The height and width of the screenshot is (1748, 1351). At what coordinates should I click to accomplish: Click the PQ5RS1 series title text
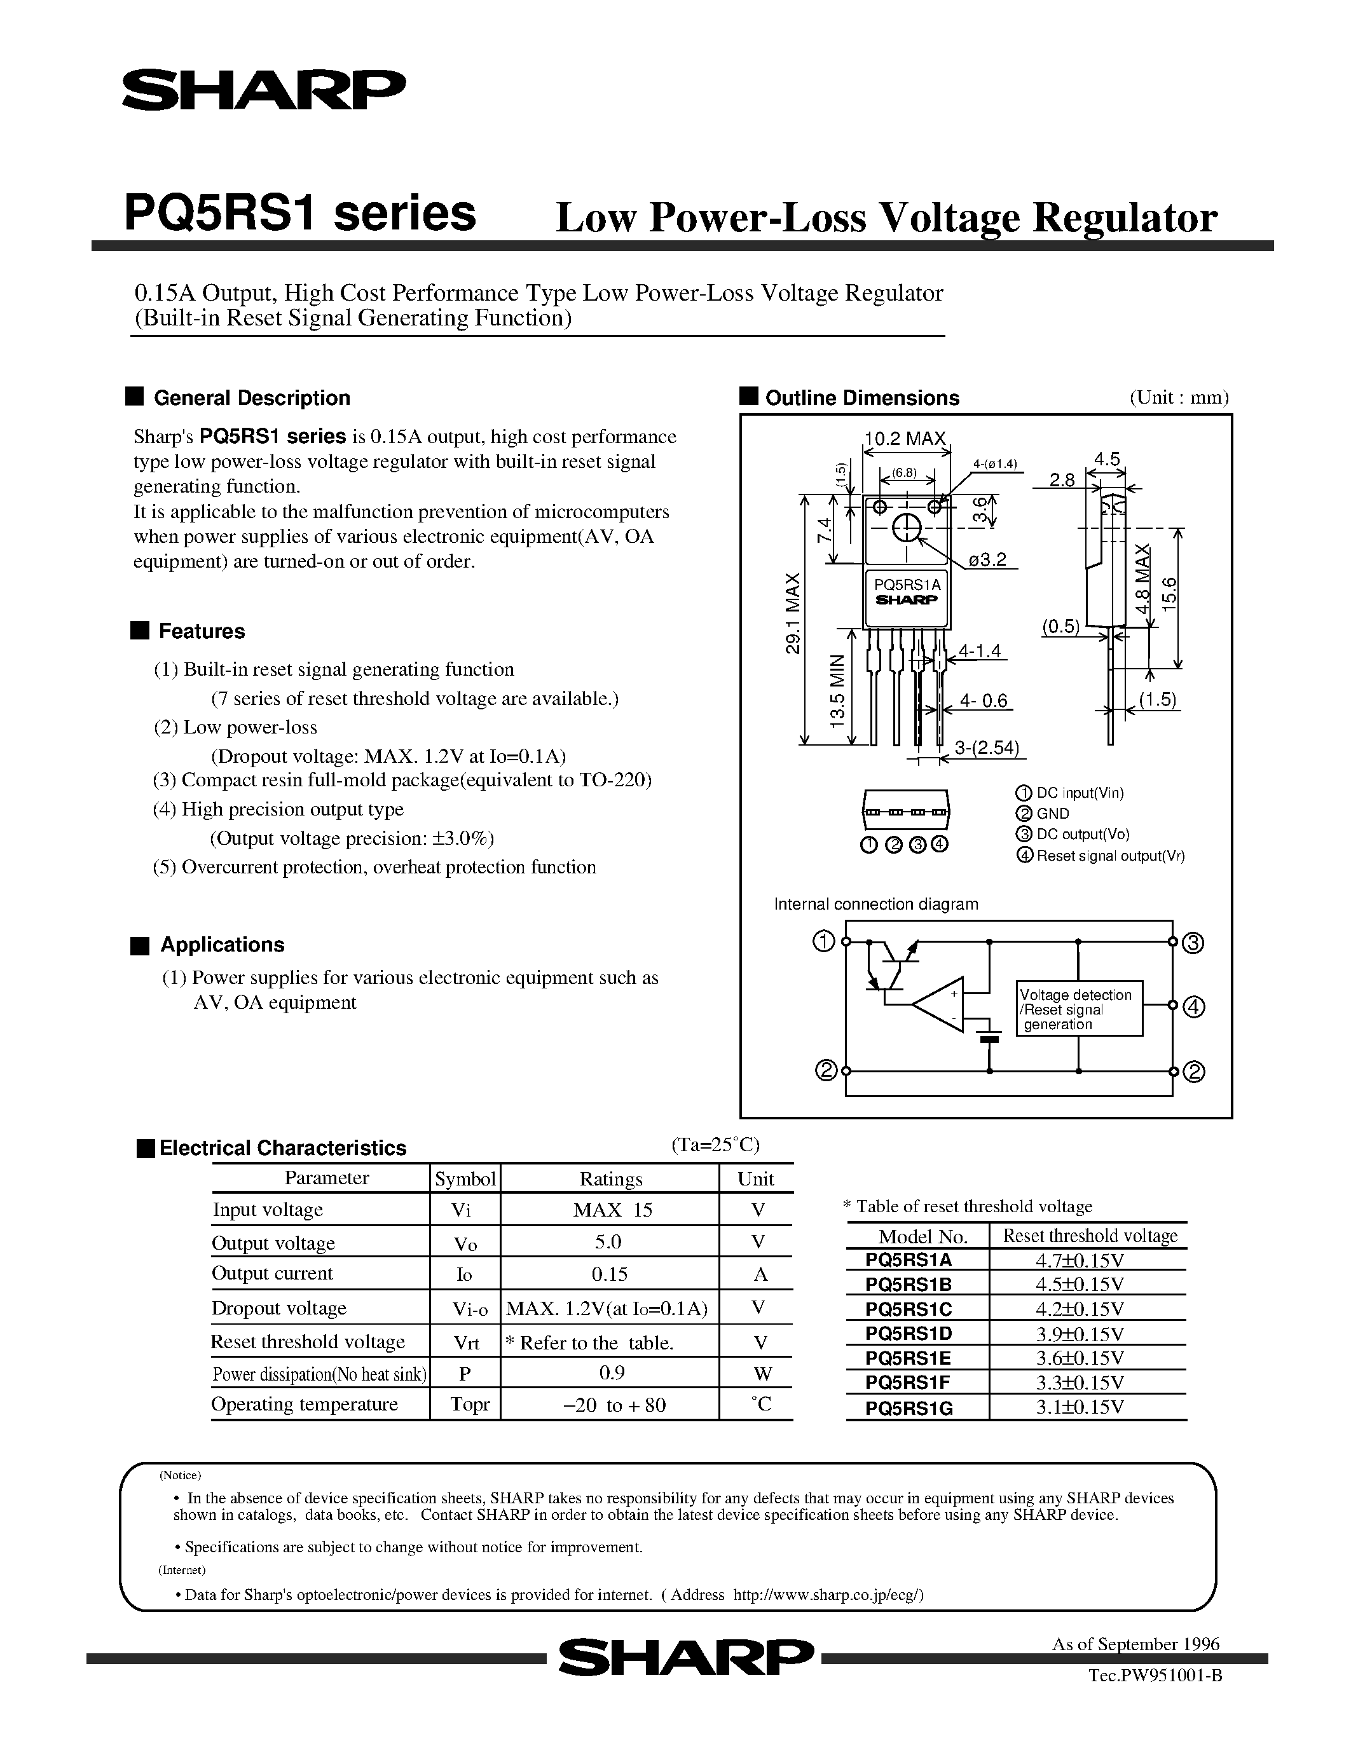coord(299,214)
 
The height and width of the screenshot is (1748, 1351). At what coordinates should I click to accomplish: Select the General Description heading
coord(251,398)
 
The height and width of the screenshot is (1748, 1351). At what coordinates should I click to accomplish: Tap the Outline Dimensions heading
coord(862,398)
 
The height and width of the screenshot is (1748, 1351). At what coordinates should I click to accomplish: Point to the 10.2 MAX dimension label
coord(905,439)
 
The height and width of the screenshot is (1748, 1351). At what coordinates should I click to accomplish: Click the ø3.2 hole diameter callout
coord(987,559)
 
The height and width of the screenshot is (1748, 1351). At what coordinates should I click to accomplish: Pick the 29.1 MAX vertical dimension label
coord(792,613)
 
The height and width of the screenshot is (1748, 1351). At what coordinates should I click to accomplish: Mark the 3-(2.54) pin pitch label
coord(986,748)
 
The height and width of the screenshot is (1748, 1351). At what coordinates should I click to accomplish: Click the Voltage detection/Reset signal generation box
coord(1078,1009)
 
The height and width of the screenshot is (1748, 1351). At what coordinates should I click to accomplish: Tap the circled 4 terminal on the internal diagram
coord(1193,1007)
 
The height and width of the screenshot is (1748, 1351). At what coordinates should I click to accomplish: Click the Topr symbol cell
coord(470,1405)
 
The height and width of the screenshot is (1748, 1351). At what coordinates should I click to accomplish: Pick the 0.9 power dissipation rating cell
coord(612,1372)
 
